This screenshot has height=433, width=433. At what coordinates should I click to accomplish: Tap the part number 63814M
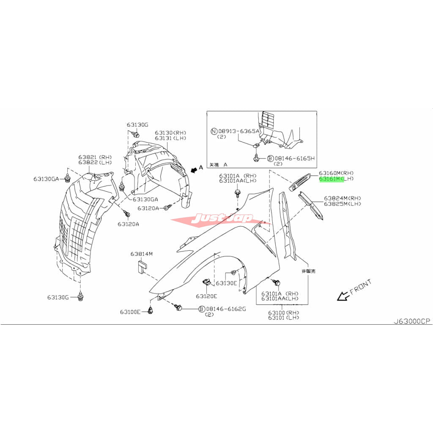pyautogui.click(x=141, y=254)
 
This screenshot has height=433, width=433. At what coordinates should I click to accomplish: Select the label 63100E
pyautogui.click(x=130, y=312)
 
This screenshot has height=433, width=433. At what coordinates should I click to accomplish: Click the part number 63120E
pyautogui.click(x=206, y=296)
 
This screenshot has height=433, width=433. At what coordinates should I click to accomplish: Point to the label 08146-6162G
pyautogui.click(x=226, y=309)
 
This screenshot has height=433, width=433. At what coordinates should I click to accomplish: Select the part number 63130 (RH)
pyautogui.click(x=170, y=132)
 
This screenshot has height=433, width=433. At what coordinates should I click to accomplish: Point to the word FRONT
pyautogui.click(x=361, y=287)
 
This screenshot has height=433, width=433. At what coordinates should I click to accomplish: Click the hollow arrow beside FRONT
pyautogui.click(x=342, y=297)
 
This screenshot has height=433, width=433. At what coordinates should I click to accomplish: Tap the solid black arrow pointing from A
pyautogui.click(x=194, y=170)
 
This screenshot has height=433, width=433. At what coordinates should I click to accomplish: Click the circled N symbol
pyautogui.click(x=214, y=132)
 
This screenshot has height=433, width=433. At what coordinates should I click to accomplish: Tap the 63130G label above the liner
pyautogui.click(x=137, y=125)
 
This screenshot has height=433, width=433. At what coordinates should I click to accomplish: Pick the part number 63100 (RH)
pyautogui.click(x=283, y=312)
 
